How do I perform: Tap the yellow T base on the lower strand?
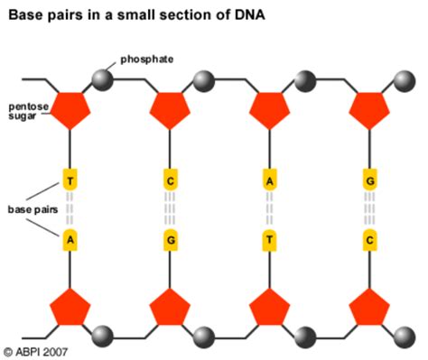269,241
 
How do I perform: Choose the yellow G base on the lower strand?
169,241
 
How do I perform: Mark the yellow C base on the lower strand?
368,241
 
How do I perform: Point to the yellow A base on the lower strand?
70,241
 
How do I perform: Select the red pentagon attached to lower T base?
269,307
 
